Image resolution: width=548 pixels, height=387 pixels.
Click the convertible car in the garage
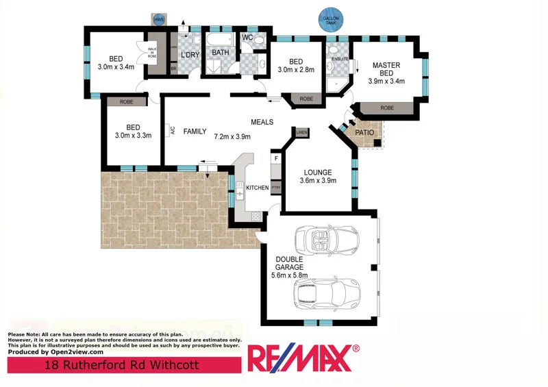point(326,240)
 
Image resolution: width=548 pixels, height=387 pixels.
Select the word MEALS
point(262,123)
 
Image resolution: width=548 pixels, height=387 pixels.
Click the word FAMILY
point(195,131)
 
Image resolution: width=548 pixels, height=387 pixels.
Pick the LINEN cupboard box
point(302,132)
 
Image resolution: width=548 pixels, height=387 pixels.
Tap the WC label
point(247,37)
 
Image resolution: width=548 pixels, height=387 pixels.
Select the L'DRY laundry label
point(189,55)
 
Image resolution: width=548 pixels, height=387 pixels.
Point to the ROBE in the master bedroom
point(387,108)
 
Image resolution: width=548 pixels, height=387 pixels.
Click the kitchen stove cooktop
point(256,216)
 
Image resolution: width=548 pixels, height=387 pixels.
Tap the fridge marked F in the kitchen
point(276,159)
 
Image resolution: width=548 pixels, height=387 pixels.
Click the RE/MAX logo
point(302,358)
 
